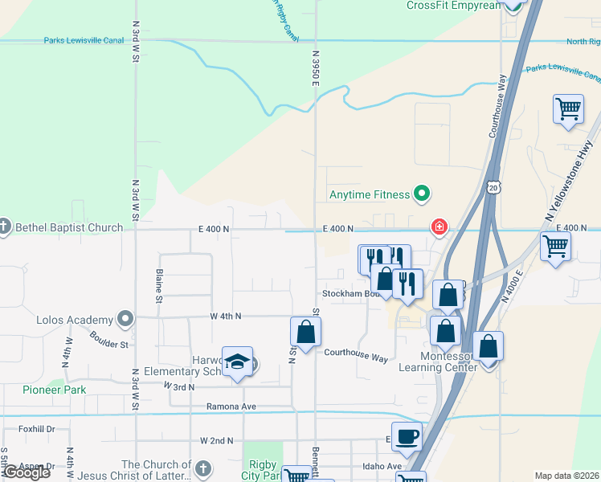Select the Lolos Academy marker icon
click(125, 319)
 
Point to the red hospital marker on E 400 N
click(440, 227)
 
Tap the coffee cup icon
click(407, 437)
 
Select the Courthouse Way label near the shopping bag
click(356, 353)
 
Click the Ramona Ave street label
click(231, 406)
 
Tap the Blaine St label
click(158, 286)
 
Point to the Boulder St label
click(109, 340)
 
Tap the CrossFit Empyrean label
click(453, 6)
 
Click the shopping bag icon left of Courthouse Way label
click(305, 332)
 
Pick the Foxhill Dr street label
click(37, 429)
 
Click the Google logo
click(27, 472)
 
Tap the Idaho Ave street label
click(382, 466)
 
